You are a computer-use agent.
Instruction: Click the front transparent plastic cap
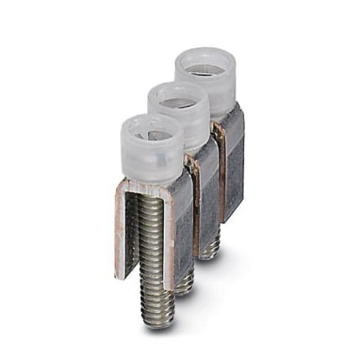coord(151,152)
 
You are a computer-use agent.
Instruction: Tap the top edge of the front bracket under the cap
coord(148,187)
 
